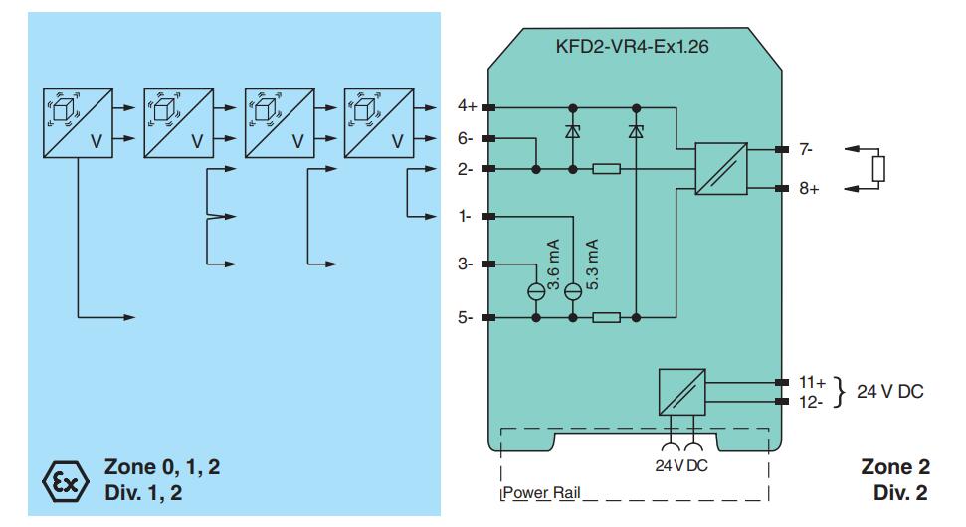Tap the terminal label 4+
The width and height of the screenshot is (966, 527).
(x=466, y=106)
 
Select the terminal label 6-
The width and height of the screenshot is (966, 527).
(x=466, y=138)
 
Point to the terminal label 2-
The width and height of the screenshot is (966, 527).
(x=466, y=170)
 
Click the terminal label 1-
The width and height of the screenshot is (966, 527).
(x=466, y=216)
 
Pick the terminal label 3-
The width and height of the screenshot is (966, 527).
(x=466, y=264)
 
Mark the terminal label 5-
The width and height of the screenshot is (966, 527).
(x=466, y=319)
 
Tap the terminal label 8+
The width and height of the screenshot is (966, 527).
(x=808, y=189)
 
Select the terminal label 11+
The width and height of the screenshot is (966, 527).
(x=812, y=382)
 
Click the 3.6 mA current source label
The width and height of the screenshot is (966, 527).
(x=553, y=263)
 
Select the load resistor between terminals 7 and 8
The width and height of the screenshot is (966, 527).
(x=877, y=169)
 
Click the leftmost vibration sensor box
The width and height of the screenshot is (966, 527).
(x=77, y=123)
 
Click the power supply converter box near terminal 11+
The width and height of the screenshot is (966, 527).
(x=682, y=392)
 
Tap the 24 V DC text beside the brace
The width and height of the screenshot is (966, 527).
(x=889, y=391)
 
